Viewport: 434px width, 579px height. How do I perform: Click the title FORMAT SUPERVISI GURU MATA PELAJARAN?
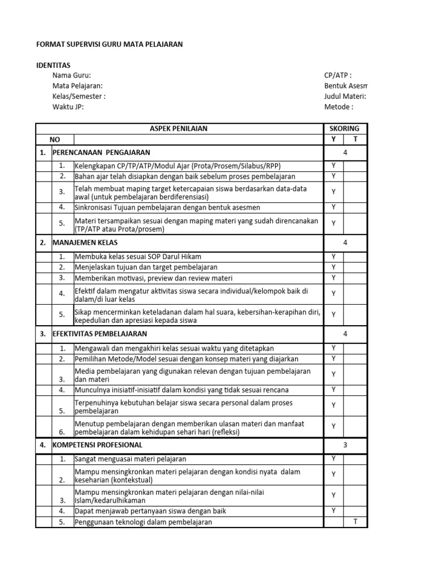pos(109,44)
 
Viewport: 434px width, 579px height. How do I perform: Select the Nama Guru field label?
pos(71,76)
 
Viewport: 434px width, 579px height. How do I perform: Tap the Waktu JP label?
pos(68,107)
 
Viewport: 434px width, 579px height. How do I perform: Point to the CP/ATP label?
pos(337,76)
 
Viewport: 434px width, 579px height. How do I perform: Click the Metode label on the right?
pos(338,107)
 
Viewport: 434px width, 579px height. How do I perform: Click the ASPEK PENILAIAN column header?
pos(178,128)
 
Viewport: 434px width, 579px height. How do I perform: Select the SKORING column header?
pos(344,128)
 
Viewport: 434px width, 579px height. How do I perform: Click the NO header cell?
pos(54,139)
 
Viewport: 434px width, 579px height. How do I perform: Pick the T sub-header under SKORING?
pos(355,139)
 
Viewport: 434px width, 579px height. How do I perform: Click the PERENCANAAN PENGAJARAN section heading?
pos(101,153)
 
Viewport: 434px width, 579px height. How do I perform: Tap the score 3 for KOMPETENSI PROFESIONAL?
pos(345,445)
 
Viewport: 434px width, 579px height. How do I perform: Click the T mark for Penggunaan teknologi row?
pos(355,521)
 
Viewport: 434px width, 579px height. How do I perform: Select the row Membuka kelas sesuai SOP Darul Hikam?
pos(138,257)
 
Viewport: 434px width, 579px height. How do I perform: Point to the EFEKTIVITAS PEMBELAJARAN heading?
pos(99,334)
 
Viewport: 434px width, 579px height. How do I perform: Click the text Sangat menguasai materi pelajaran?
pos(131,459)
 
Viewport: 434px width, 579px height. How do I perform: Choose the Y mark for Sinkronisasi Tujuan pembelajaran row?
pos(333,207)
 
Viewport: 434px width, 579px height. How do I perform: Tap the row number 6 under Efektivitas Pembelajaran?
pos(62,432)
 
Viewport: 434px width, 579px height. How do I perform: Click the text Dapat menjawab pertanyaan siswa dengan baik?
pos(150,511)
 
